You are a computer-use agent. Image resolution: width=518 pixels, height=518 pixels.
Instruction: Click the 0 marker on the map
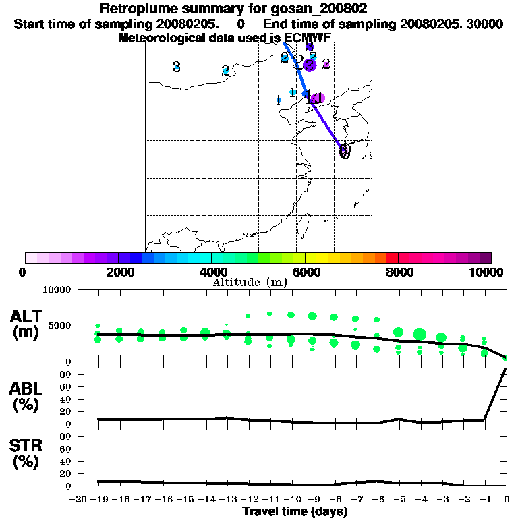click(x=345, y=151)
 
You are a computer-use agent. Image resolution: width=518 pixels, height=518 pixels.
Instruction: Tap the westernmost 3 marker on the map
click(x=176, y=67)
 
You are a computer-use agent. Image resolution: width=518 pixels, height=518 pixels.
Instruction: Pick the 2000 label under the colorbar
click(x=119, y=272)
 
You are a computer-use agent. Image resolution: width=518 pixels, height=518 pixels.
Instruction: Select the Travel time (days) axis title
click(x=294, y=512)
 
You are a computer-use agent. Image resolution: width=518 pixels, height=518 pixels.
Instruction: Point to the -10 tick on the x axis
click(x=293, y=500)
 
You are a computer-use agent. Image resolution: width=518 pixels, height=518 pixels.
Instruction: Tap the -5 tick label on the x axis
click(x=400, y=500)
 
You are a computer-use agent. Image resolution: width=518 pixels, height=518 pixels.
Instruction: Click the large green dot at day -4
click(x=420, y=334)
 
